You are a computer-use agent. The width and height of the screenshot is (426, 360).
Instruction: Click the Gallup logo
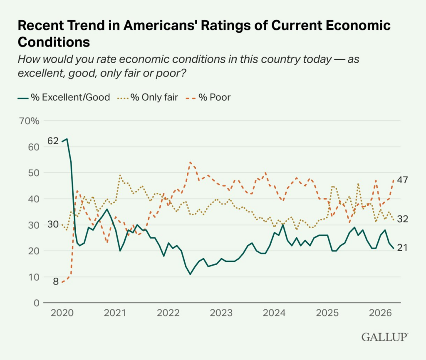(384, 337)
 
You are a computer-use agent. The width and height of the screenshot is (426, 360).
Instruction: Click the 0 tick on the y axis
(37, 303)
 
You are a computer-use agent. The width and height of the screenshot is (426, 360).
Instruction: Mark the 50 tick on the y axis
(34, 173)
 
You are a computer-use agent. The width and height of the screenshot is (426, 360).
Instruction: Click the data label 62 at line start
(53, 141)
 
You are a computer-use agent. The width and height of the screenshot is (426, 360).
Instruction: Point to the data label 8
(55, 282)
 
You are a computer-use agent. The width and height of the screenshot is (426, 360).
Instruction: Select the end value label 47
(402, 180)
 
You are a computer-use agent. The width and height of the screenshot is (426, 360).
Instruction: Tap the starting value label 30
(53, 224)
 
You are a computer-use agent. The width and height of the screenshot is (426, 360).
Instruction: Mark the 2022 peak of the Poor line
(190, 162)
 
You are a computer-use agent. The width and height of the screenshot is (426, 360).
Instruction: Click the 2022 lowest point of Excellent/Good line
(190, 274)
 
